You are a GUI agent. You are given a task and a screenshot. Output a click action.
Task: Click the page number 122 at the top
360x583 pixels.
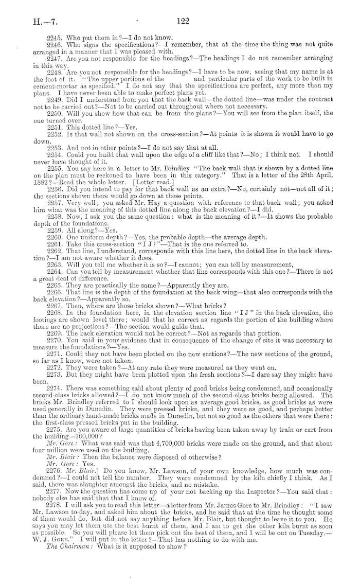point(183,22)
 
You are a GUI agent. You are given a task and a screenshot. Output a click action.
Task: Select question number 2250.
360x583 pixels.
point(55,113)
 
